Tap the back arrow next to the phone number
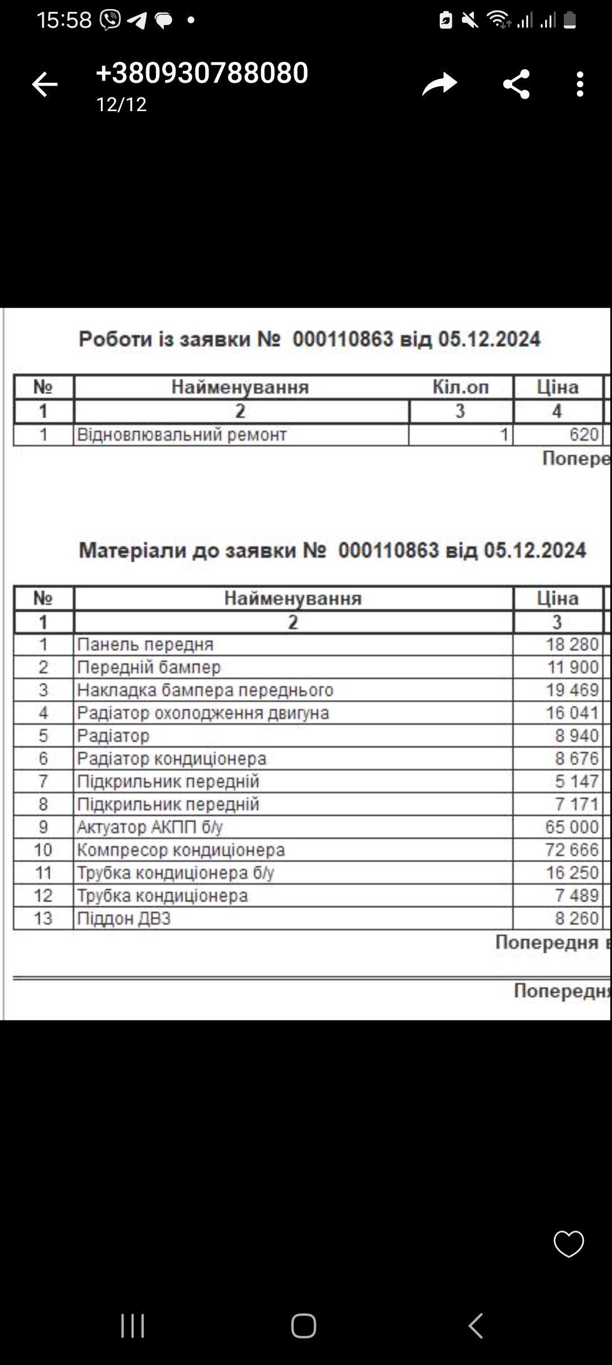(45, 85)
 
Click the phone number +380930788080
(202, 73)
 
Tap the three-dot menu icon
(579, 84)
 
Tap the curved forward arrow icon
(439, 84)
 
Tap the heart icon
(568, 1244)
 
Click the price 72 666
(572, 850)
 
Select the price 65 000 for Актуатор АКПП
(572, 827)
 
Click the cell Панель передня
(146, 645)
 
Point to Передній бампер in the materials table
(149, 667)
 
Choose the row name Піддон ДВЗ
(124, 918)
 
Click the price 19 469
(572, 690)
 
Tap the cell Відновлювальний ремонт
(182, 435)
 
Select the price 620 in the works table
(584, 435)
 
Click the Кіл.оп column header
(460, 387)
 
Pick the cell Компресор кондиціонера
(181, 850)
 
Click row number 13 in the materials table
(43, 918)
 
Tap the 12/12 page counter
(121, 104)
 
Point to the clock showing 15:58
(64, 20)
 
